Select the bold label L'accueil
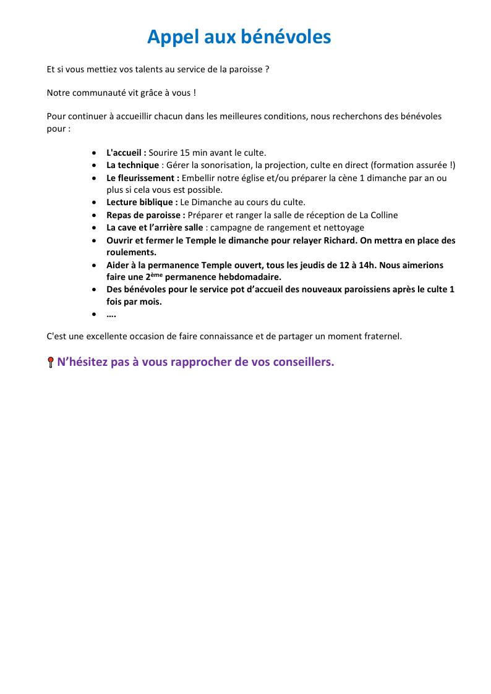[126, 152]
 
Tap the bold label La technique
[132, 165]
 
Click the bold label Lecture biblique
[142, 202]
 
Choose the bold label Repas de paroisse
[145, 215]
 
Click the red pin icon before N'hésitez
[51, 363]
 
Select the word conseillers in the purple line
[302, 362]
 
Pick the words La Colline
[377, 215]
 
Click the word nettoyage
[343, 227]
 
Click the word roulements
[131, 252]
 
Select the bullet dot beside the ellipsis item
[93, 315]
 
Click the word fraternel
[382, 336]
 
